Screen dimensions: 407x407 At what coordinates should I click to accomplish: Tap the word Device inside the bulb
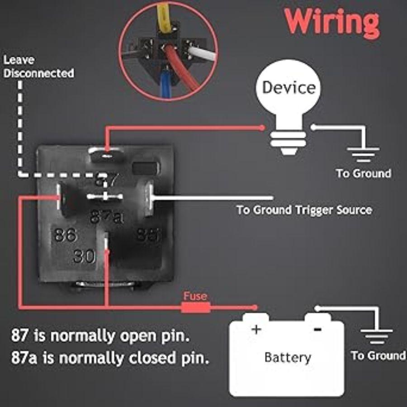(289, 87)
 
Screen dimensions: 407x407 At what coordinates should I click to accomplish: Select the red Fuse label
(195, 296)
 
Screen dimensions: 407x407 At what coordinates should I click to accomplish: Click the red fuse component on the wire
(195, 308)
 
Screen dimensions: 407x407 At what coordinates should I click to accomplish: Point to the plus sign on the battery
(256, 329)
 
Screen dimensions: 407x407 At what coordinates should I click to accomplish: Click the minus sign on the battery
(317, 329)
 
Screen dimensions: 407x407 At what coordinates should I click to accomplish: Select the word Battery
(288, 357)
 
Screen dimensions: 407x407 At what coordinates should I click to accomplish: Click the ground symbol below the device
(363, 154)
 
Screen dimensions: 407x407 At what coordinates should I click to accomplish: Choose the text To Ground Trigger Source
(304, 210)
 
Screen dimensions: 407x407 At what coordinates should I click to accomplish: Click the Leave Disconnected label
(38, 66)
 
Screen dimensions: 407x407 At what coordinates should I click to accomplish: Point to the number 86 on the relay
(66, 235)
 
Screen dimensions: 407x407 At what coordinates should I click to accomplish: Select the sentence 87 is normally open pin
(100, 336)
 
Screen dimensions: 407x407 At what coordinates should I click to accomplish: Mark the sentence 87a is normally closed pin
(110, 358)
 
